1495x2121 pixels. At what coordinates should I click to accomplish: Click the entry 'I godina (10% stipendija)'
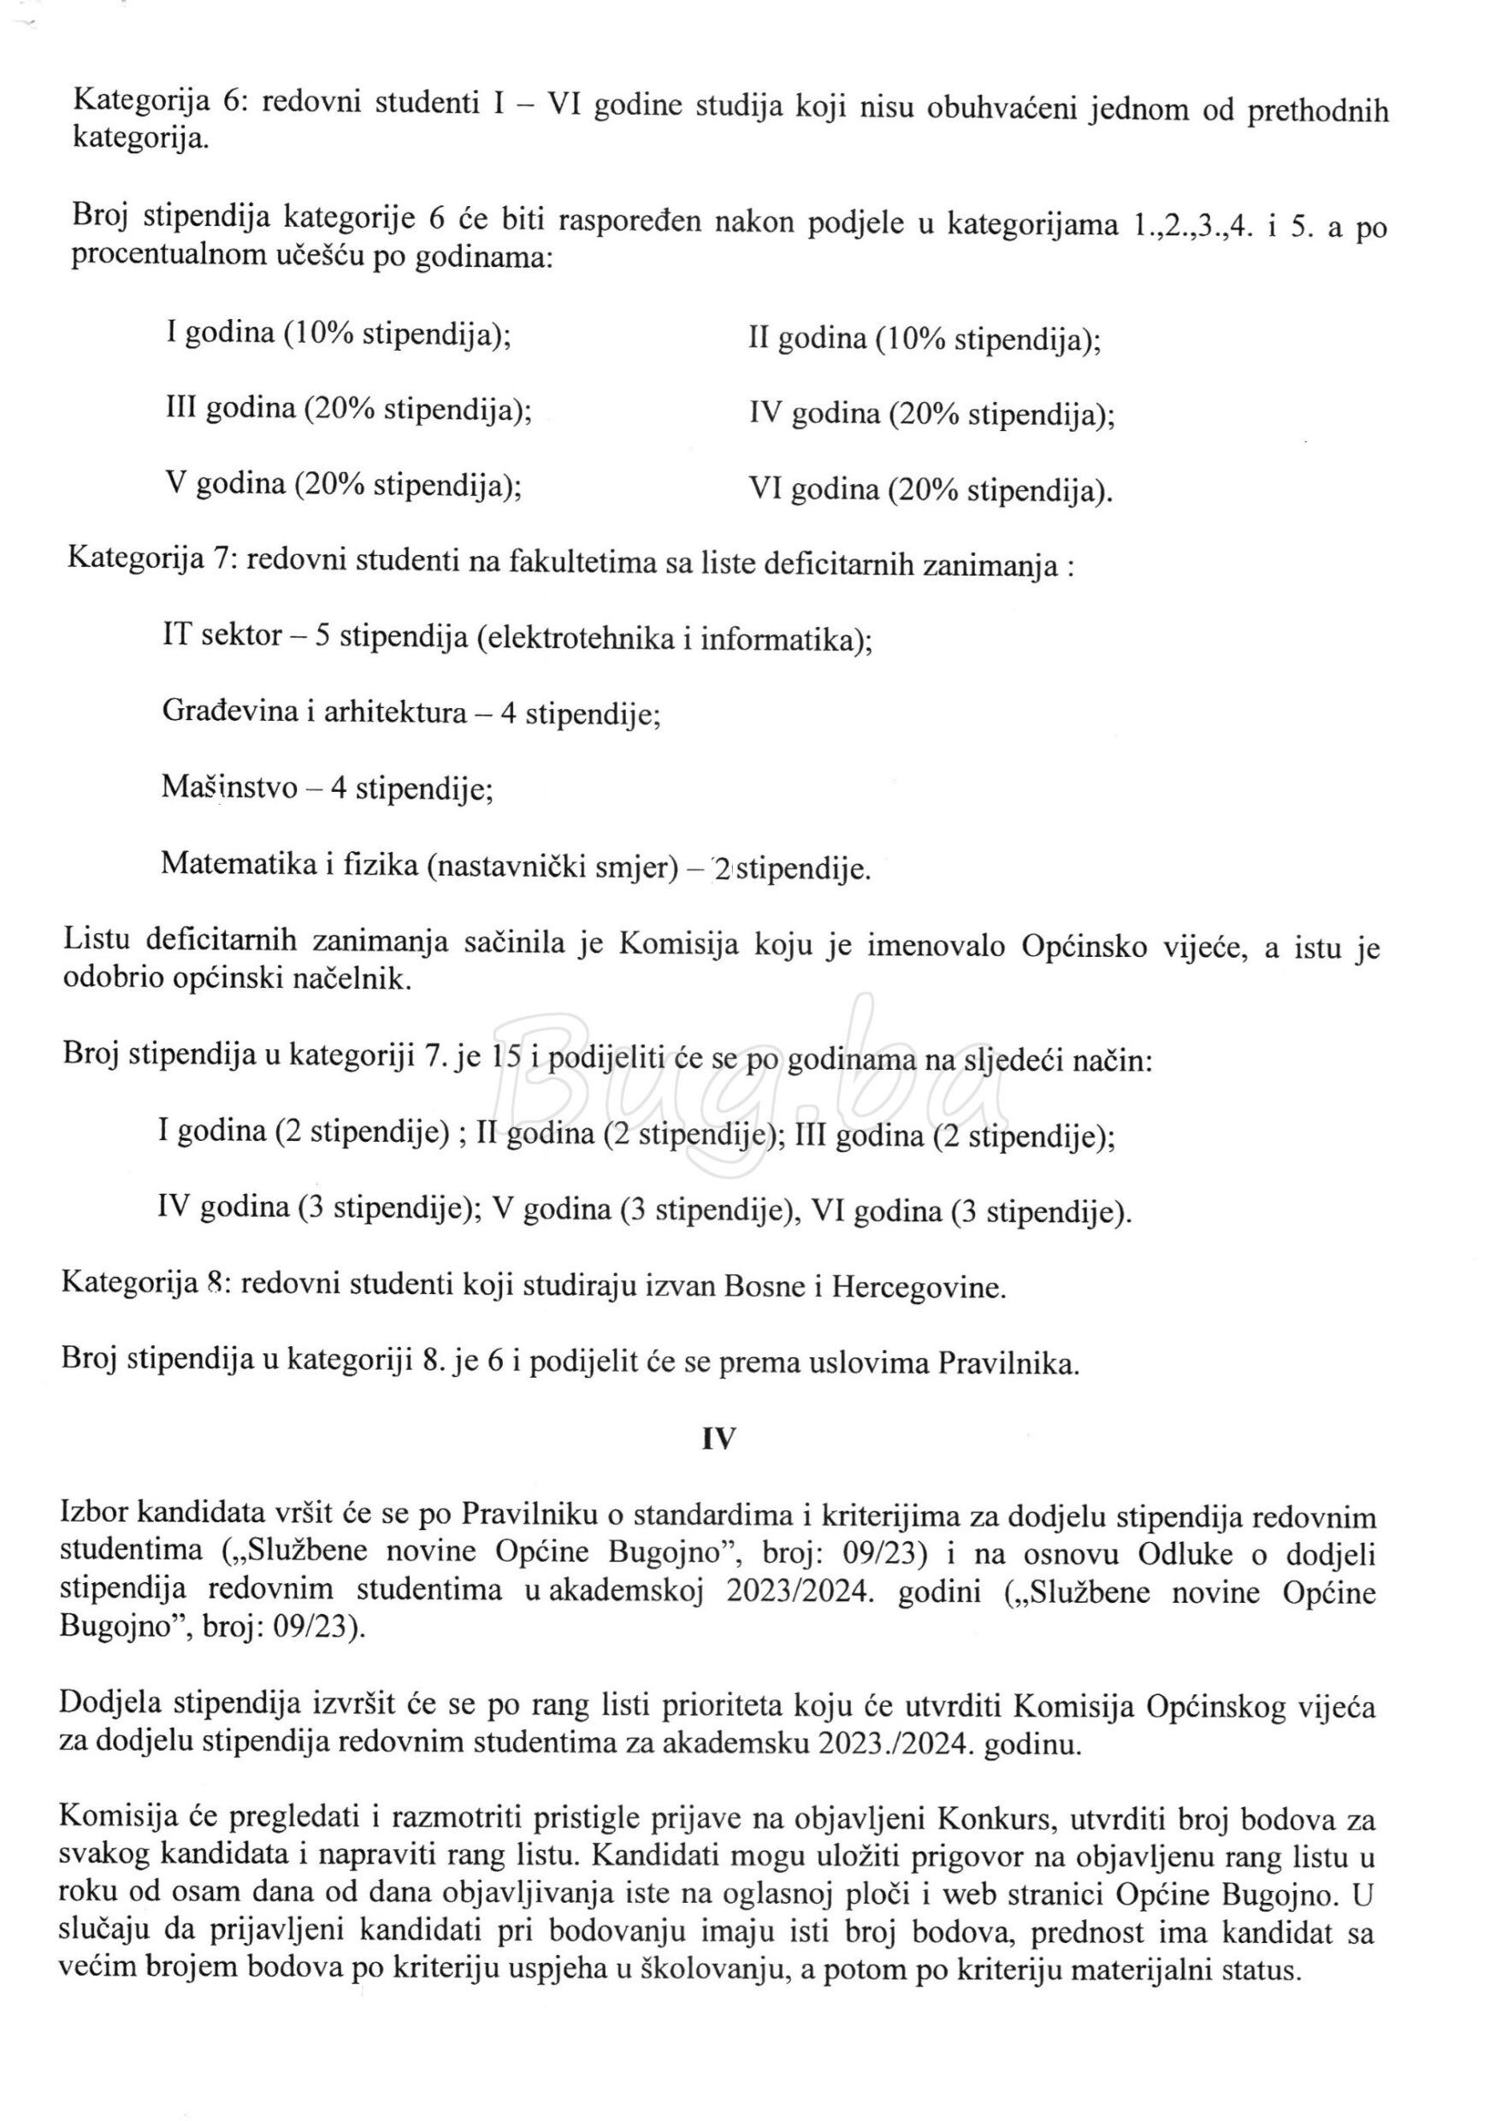pos(338,333)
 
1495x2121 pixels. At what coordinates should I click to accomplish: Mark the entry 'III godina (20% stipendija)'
pos(347,408)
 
